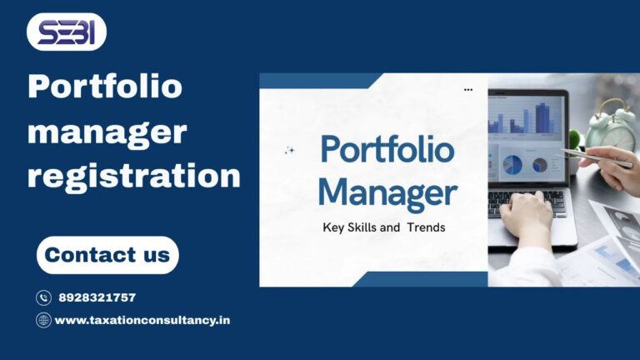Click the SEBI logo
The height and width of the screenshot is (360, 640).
pyautogui.click(x=67, y=32)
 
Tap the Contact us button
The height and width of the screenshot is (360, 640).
pyautogui.click(x=107, y=255)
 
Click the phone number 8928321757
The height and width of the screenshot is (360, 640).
pyautogui.click(x=97, y=297)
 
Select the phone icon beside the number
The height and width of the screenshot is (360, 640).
pyautogui.click(x=43, y=297)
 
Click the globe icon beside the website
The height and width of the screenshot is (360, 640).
pyautogui.click(x=43, y=320)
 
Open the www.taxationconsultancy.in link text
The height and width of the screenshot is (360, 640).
pyautogui.click(x=142, y=320)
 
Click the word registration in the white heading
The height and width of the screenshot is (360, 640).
pyautogui.click(x=133, y=175)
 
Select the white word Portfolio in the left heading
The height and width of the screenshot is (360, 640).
pyautogui.click(x=105, y=87)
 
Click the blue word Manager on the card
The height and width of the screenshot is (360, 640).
pyautogui.click(x=387, y=194)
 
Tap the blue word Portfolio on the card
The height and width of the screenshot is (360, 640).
pyautogui.click(x=387, y=151)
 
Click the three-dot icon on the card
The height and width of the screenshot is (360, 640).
pyautogui.click(x=468, y=89)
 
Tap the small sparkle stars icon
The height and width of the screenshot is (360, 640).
pyautogui.click(x=290, y=151)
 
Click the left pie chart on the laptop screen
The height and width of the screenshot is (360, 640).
pyautogui.click(x=512, y=165)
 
